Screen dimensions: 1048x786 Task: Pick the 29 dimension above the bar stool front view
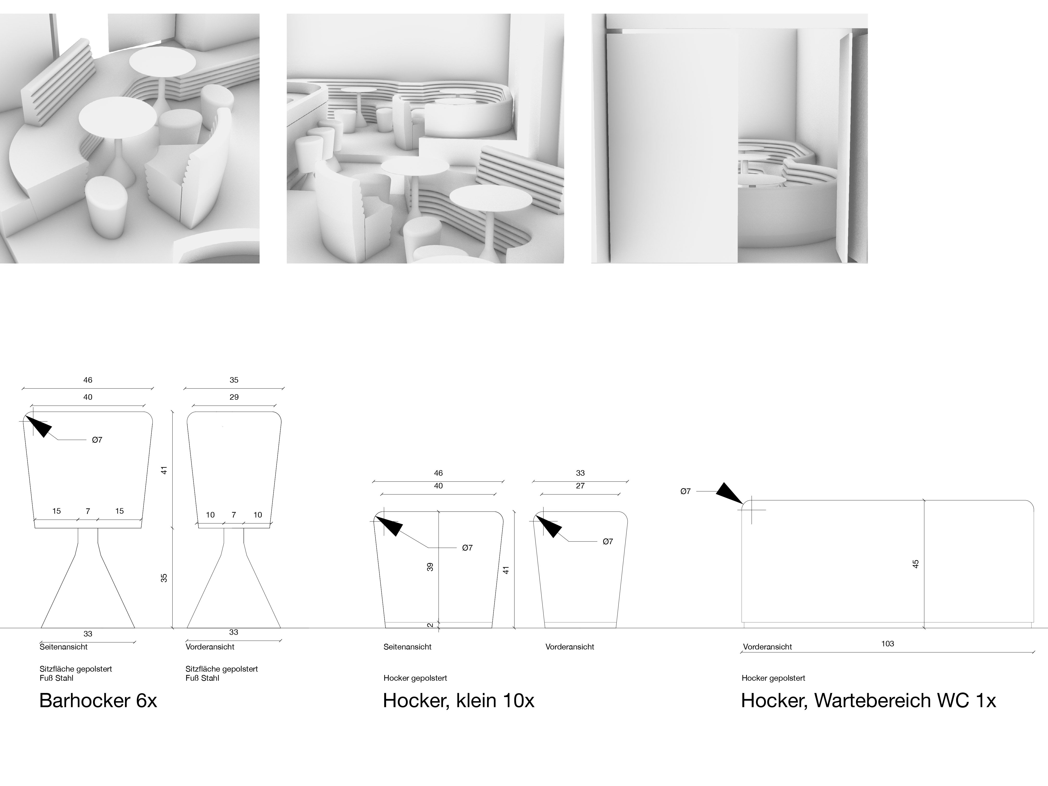coord(234,397)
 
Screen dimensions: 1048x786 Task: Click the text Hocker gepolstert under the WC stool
coord(773,678)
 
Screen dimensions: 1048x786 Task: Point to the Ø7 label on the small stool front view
coord(608,542)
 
